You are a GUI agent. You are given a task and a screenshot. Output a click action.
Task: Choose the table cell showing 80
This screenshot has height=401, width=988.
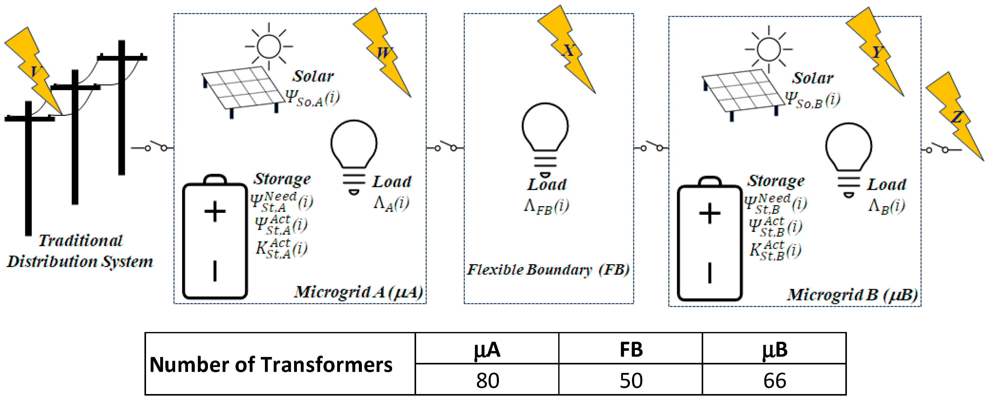(x=487, y=380)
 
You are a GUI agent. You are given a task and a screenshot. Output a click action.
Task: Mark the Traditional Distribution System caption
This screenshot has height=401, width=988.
(x=80, y=251)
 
